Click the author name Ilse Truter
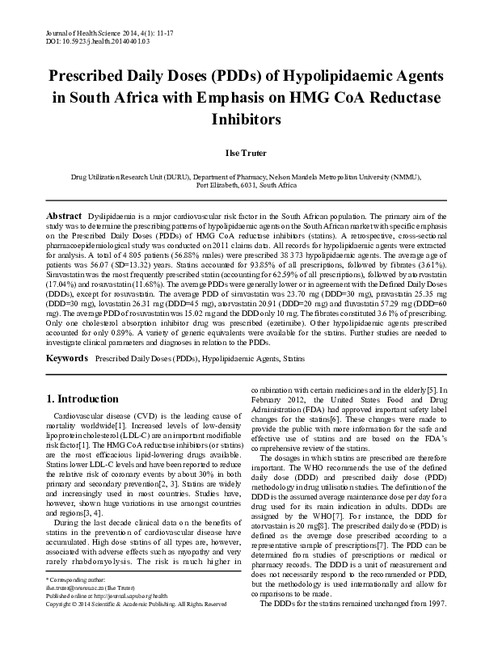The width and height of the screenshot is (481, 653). click(x=240, y=152)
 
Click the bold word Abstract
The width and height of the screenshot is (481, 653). click(x=64, y=218)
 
